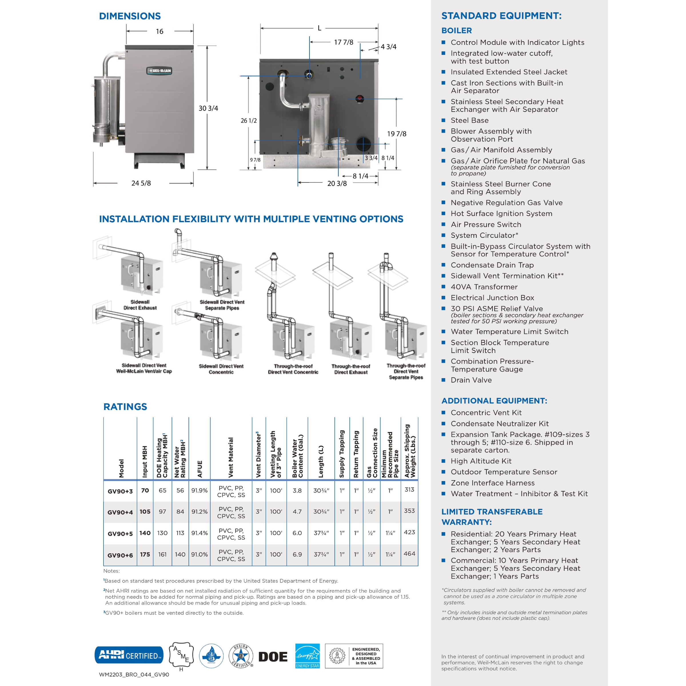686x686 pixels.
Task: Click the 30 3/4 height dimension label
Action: click(x=208, y=108)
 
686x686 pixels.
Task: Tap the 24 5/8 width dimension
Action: click(x=141, y=183)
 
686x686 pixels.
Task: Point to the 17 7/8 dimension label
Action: click(x=343, y=42)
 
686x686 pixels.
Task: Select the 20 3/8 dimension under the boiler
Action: click(x=337, y=184)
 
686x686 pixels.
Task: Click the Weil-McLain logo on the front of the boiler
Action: click(x=159, y=71)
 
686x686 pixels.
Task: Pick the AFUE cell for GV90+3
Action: click(x=199, y=490)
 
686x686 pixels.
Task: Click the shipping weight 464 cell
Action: click(x=409, y=554)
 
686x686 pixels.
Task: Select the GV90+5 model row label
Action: click(x=120, y=534)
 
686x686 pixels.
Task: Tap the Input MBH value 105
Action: click(x=145, y=512)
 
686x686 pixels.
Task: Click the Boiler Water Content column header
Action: click(x=298, y=456)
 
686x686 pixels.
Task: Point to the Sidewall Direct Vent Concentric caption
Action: click(x=221, y=369)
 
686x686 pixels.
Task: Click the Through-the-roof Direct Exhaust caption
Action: click(x=350, y=369)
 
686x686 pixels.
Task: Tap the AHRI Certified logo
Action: click(x=129, y=655)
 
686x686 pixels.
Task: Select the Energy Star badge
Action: click(x=308, y=656)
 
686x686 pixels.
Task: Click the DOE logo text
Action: click(x=273, y=657)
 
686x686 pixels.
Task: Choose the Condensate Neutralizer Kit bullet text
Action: click(x=499, y=424)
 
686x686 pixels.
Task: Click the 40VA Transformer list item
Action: click(x=484, y=287)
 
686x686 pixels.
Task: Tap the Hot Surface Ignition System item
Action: click(x=501, y=214)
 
